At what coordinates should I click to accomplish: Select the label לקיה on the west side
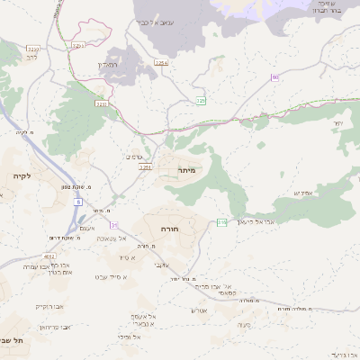22,175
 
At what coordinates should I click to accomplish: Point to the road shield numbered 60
274,78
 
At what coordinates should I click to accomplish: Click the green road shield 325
202,101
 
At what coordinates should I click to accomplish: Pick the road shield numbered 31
114,224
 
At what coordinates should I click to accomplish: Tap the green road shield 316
220,223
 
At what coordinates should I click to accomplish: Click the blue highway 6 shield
78,203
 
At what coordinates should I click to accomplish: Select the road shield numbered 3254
161,63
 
